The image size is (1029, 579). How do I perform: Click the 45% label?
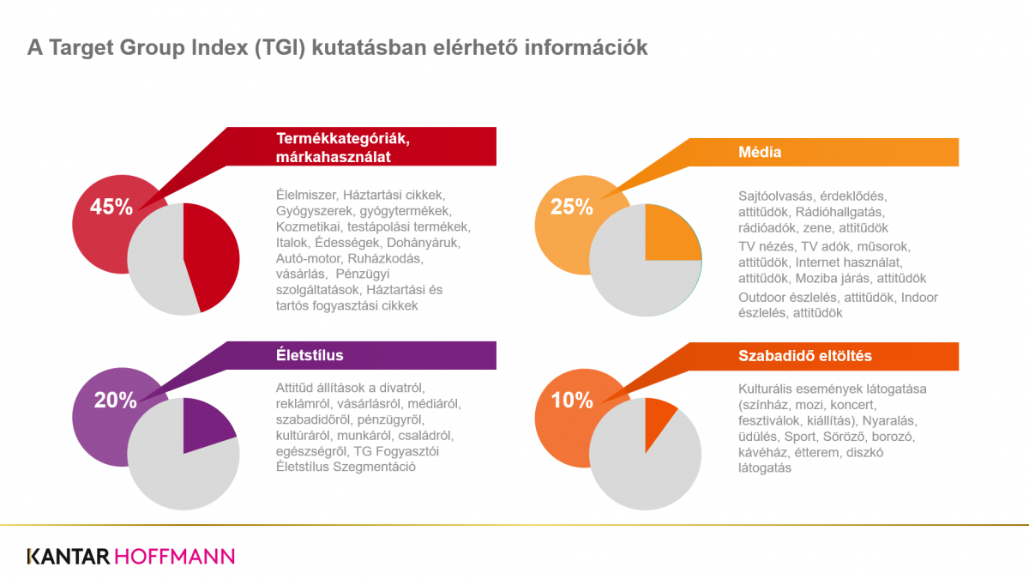(x=111, y=207)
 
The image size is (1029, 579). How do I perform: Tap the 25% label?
(x=571, y=207)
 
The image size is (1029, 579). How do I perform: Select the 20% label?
(x=115, y=401)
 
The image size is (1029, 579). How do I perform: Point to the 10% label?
(x=572, y=401)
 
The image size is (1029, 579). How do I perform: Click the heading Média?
(x=760, y=152)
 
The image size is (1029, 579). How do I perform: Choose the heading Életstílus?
(x=310, y=355)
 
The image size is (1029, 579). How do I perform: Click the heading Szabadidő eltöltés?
(x=805, y=356)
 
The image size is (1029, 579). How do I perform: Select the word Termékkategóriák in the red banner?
(x=343, y=138)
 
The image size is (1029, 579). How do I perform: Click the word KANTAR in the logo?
(x=69, y=557)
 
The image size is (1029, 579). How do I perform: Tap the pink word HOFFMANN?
(x=175, y=557)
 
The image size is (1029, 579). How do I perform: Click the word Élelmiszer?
(x=307, y=195)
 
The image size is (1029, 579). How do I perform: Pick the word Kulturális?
(x=765, y=389)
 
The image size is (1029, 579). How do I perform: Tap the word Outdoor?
(x=762, y=298)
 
